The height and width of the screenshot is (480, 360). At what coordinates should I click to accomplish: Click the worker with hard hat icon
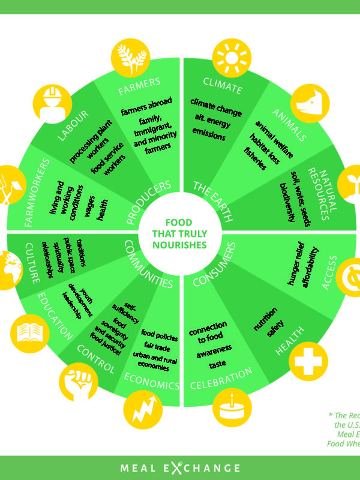point(52,103)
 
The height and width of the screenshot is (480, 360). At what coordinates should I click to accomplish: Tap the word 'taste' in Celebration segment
point(217,365)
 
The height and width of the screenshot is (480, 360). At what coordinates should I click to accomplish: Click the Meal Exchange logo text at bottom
point(179,468)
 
